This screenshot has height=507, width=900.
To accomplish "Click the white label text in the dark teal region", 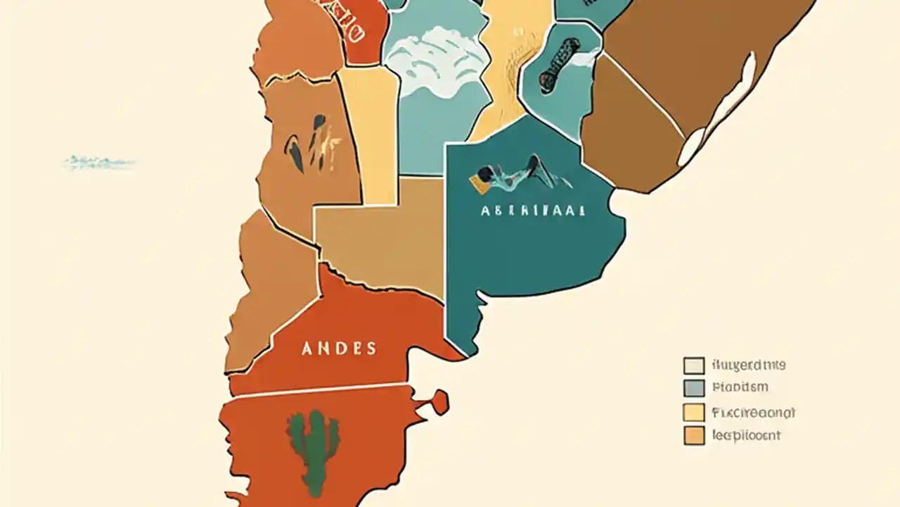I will click(533, 211).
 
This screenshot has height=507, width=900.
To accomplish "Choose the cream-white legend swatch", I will click(693, 365).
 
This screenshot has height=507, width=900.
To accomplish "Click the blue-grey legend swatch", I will click(693, 388).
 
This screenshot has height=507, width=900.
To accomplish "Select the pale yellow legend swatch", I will click(693, 413).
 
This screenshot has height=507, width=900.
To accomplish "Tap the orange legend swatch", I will click(693, 436).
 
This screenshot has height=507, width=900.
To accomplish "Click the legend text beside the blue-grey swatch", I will click(740, 387).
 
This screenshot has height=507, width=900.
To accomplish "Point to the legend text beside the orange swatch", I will click(746, 436).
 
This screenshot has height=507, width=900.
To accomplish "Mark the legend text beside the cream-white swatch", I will click(748, 365).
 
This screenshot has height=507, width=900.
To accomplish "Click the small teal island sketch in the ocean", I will click(99, 163).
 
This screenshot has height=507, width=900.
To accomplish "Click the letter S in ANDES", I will click(371, 349).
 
